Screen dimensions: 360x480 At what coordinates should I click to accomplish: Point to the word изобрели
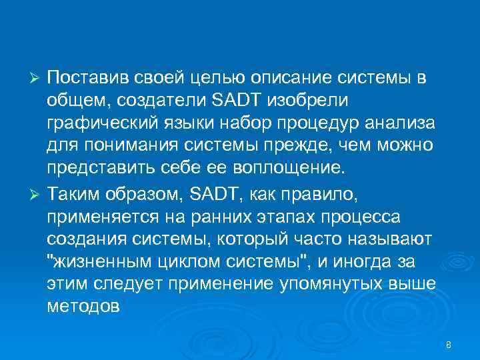305,101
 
